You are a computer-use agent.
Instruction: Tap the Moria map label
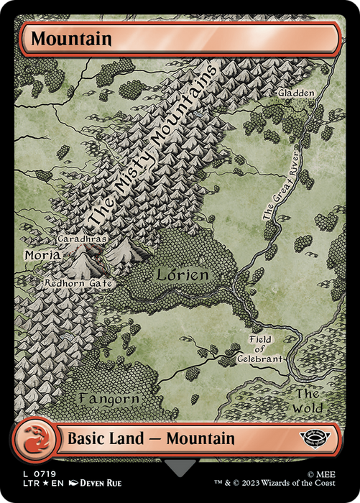tap(42, 255)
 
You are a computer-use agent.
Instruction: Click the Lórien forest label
tap(184, 274)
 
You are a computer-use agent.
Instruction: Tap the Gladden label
tap(296, 93)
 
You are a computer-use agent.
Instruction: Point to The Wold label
tap(307, 401)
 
